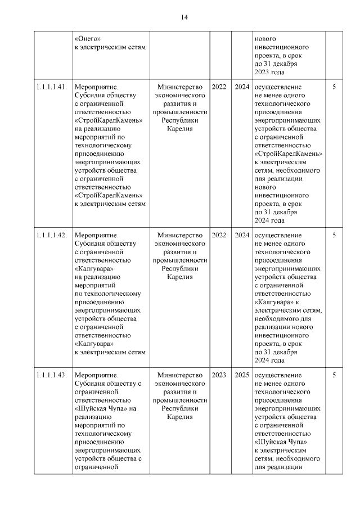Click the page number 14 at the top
pyautogui.click(x=184, y=17)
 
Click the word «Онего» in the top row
pyautogui.click(x=87, y=39)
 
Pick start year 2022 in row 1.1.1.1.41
pyautogui.click(x=219, y=87)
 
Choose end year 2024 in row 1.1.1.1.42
pyautogui.click(x=242, y=235)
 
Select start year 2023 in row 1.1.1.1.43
pyautogui.click(x=219, y=375)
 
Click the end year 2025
pyautogui.click(x=242, y=375)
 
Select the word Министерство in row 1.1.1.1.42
pyautogui.click(x=180, y=235)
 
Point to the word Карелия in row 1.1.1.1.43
pyautogui.click(x=180, y=417)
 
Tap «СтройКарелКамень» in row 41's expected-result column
pyautogui.click(x=288, y=154)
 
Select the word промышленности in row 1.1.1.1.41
pyautogui.click(x=180, y=112)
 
